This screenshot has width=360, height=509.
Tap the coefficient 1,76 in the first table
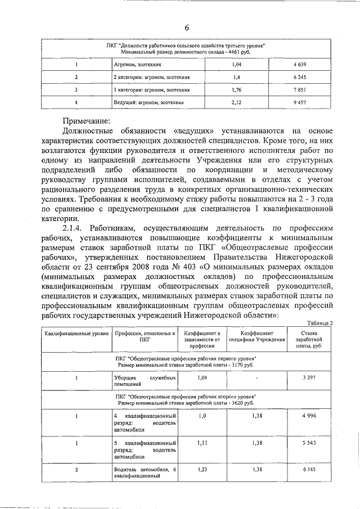236,89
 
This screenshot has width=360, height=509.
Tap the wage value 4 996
308,415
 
